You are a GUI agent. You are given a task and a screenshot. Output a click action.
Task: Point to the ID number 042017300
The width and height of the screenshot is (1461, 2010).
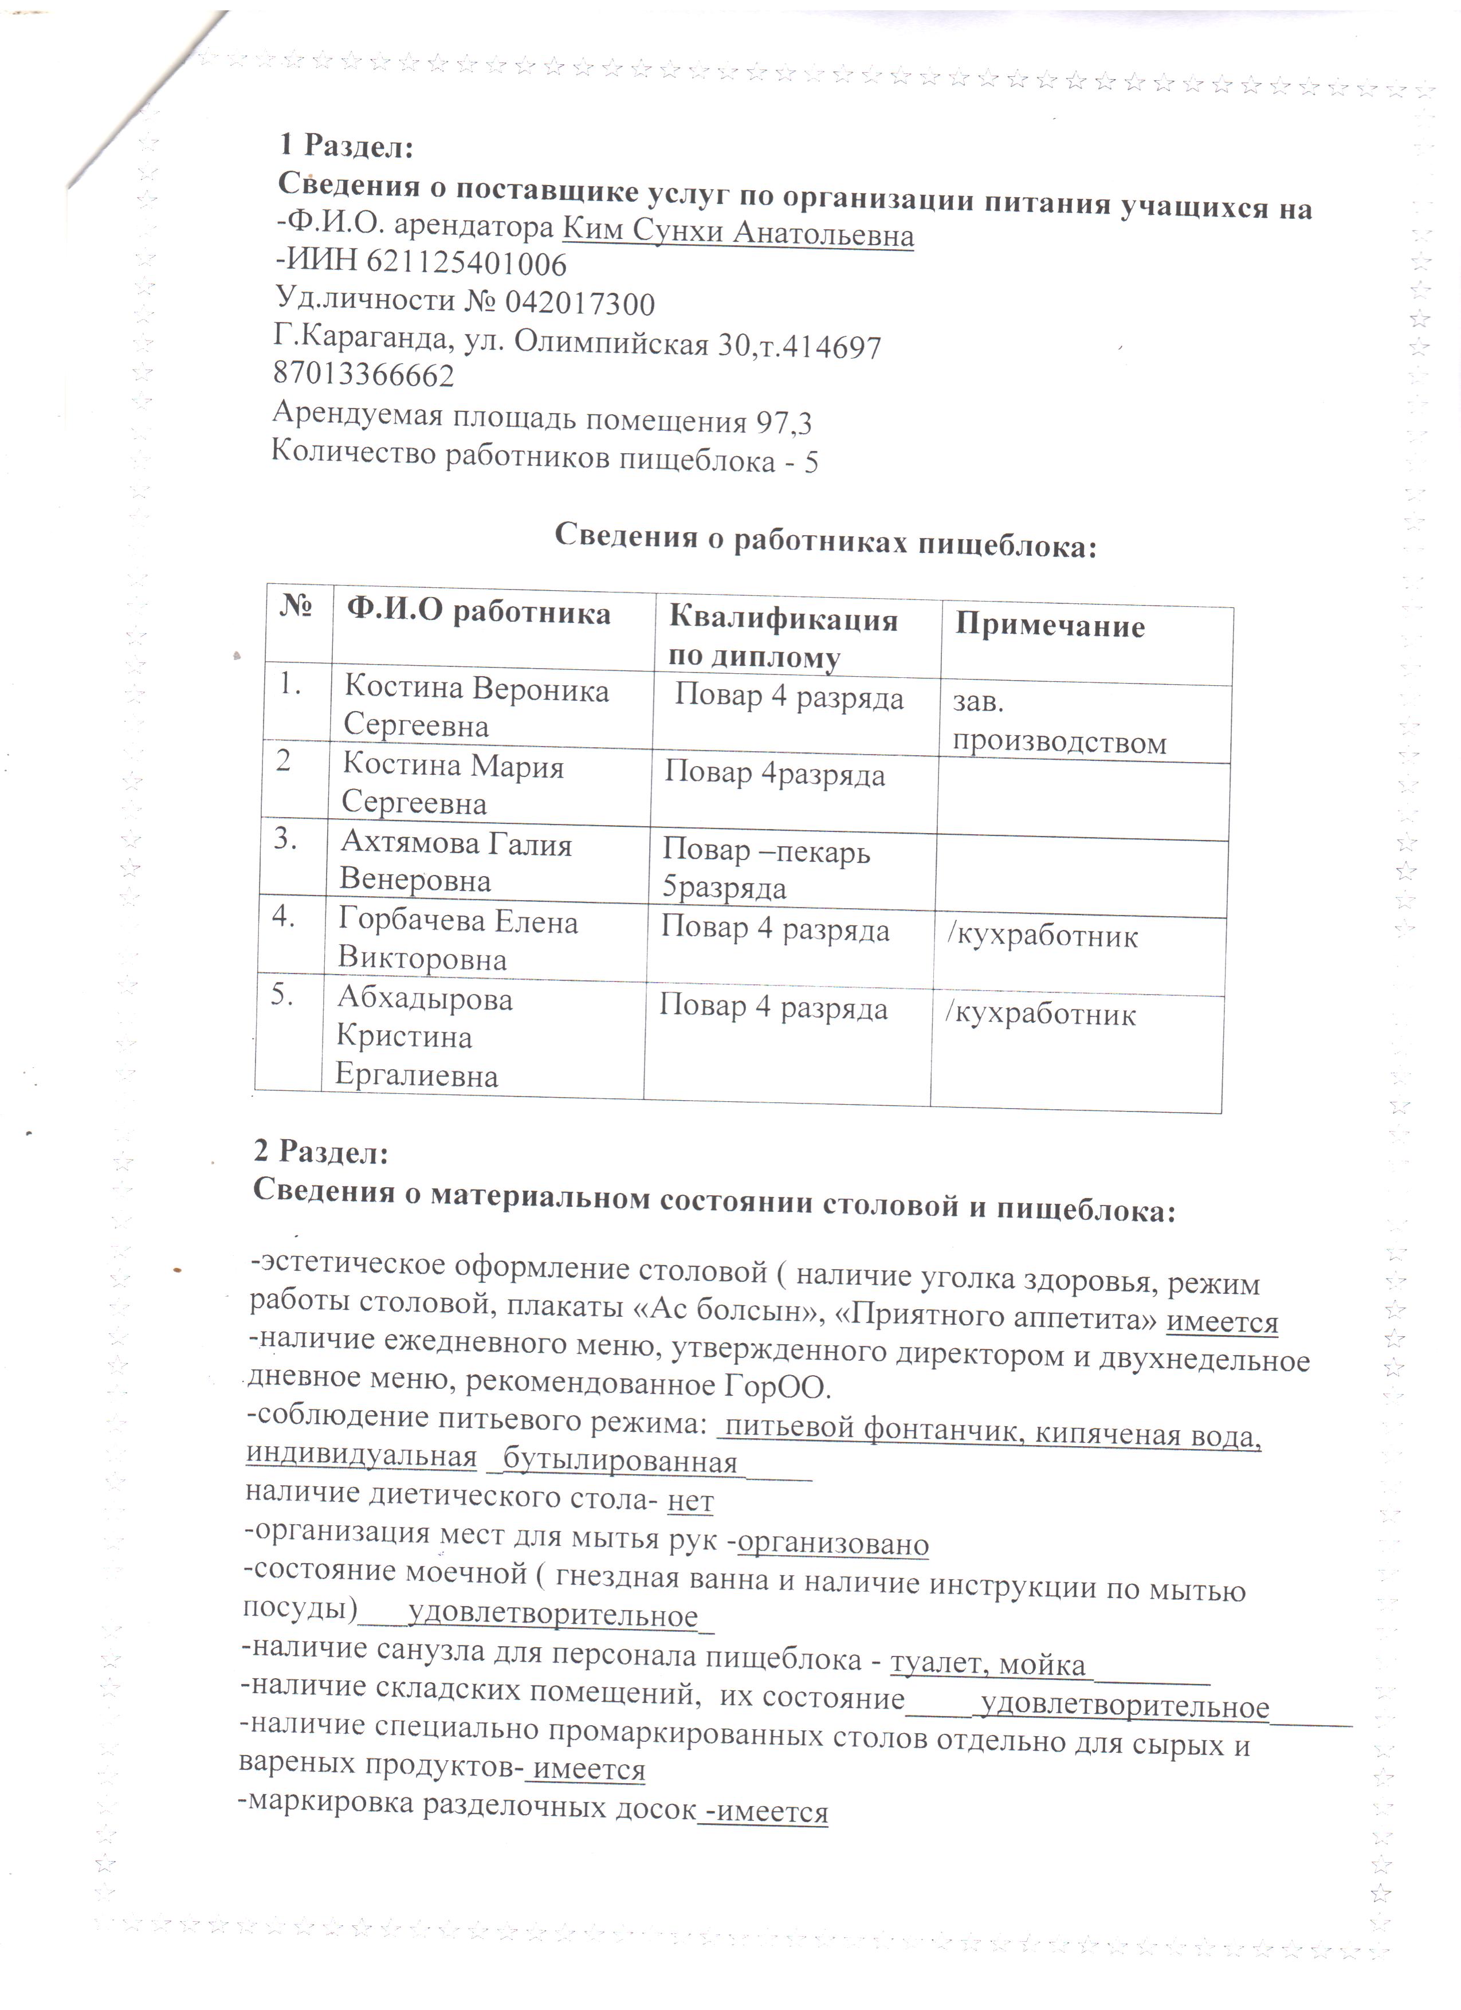click(579, 304)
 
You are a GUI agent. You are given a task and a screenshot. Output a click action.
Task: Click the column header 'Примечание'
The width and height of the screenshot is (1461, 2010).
click(1050, 627)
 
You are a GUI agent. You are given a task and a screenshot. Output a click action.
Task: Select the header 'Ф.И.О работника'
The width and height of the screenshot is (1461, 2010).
click(478, 613)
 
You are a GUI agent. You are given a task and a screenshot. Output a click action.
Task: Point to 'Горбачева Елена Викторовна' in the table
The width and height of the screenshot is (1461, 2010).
click(457, 940)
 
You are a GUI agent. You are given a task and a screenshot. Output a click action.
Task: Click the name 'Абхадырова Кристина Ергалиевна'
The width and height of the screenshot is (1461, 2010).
click(423, 1038)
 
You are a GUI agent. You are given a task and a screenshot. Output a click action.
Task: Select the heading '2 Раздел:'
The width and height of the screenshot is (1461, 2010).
click(321, 1152)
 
